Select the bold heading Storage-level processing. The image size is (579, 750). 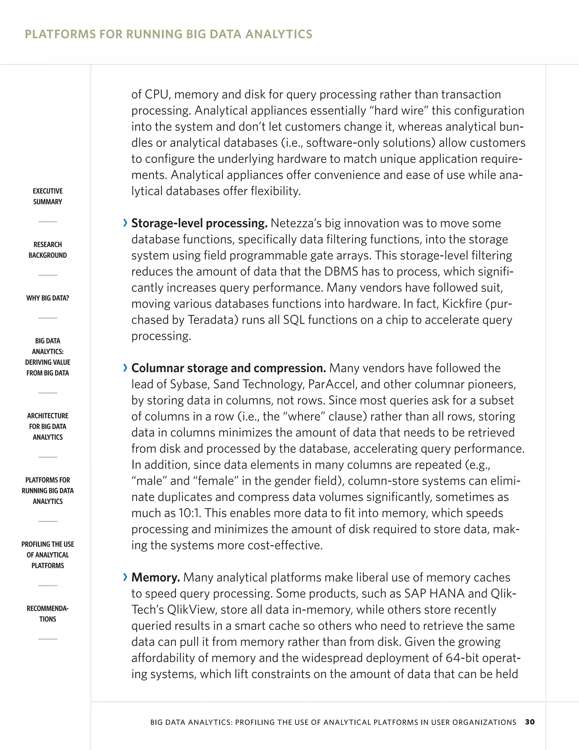199,223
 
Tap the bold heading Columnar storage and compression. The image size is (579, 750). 228,368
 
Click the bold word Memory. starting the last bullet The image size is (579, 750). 155,578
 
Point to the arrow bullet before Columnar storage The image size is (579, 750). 125,368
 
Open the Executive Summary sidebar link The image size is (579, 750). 48,196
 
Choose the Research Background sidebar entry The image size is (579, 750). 48,250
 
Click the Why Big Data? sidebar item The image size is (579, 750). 48,298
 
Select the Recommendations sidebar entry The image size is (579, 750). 48,614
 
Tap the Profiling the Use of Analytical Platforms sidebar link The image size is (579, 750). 48,555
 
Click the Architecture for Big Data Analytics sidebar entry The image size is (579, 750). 48,426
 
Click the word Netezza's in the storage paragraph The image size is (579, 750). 296,223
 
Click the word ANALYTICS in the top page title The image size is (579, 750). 278,34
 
